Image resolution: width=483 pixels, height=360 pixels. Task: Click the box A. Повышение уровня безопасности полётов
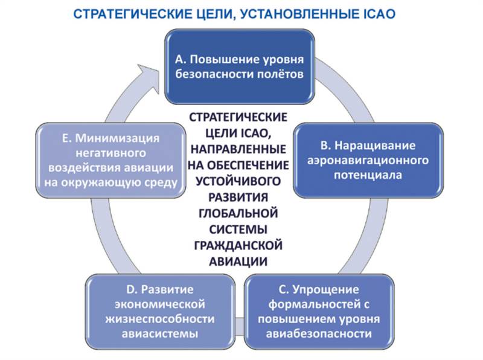tap(240, 66)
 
